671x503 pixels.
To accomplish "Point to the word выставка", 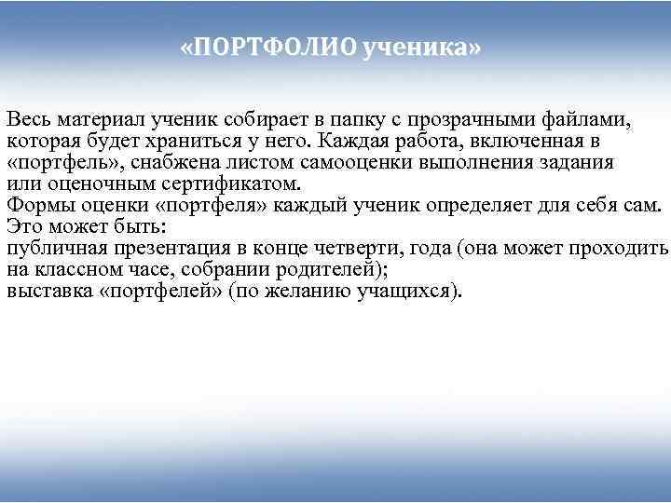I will point(48,291).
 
